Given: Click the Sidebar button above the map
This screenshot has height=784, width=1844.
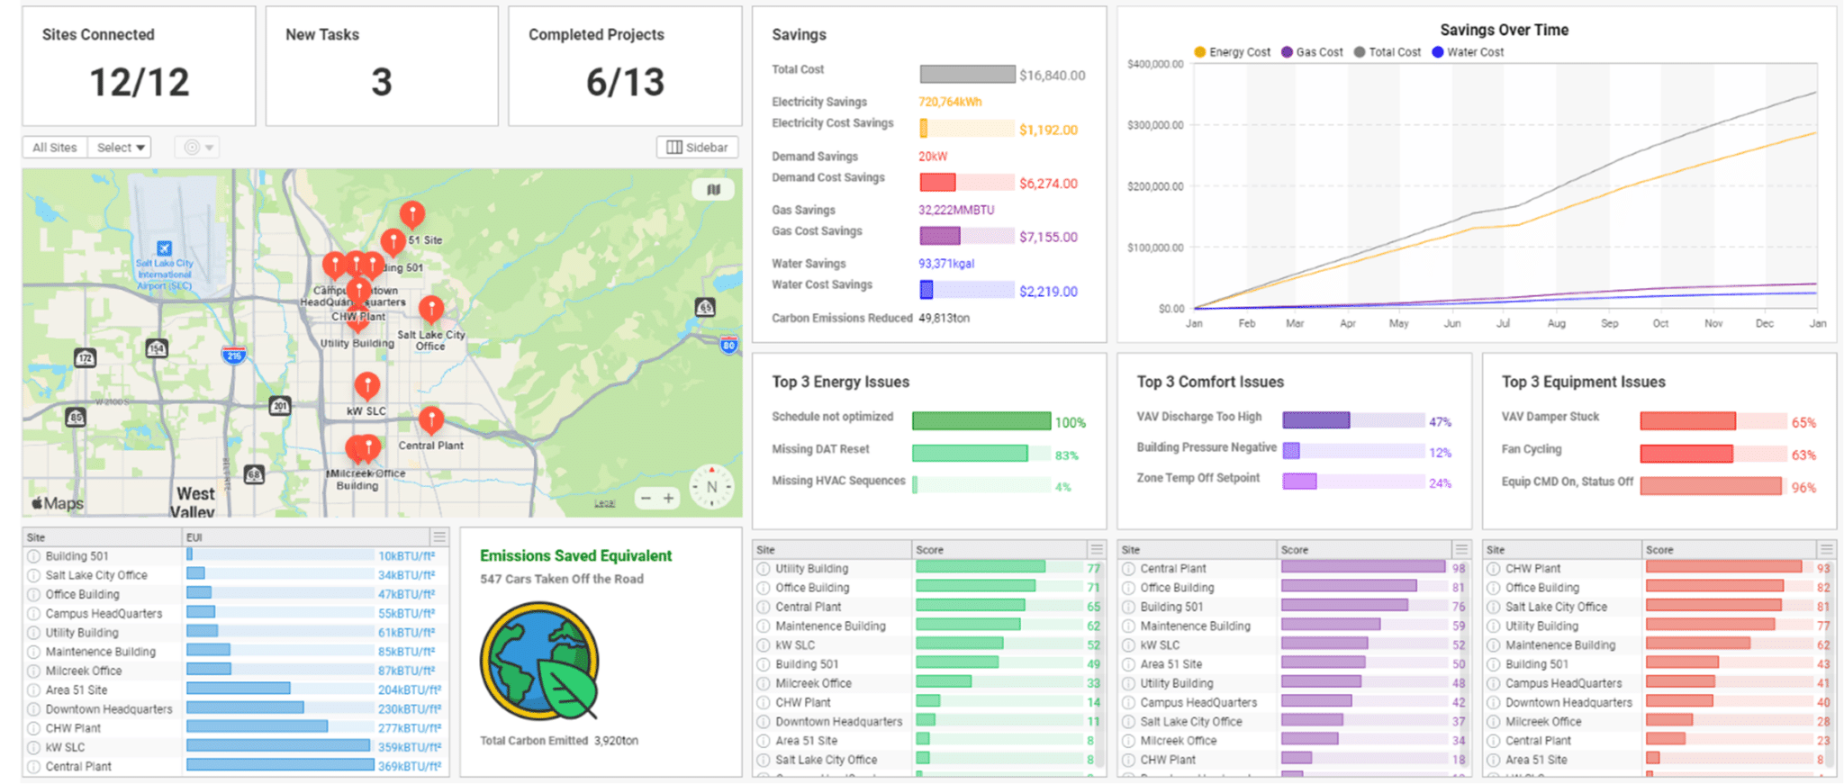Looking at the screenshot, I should pos(697,148).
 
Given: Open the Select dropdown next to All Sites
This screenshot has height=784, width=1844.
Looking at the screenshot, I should pos(120,148).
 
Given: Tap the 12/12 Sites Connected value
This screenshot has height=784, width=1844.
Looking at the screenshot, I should pos(140,83).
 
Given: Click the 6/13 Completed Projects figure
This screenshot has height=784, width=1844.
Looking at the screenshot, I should pos(625,83).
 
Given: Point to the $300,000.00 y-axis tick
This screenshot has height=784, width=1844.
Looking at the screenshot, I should pos(1154,125).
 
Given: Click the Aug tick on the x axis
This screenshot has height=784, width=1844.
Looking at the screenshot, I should pos(1556,323).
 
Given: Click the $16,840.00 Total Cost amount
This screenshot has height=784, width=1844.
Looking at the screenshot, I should pos(1052,76).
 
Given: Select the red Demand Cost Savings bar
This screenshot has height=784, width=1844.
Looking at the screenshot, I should pos(937,183).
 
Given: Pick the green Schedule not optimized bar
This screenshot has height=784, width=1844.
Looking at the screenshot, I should pos(981,421).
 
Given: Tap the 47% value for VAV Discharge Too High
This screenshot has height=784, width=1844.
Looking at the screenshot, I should pos(1440,421).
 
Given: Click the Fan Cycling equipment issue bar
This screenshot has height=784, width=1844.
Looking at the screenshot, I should pos(1686,454).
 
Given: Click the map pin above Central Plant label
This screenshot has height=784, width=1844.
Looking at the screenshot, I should pos(431,418).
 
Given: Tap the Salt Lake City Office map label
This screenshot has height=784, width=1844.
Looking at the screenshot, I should pos(430,340).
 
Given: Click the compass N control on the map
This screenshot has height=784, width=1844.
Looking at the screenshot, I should pos(711,487).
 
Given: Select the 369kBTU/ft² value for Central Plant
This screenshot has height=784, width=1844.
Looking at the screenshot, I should pos(409,767).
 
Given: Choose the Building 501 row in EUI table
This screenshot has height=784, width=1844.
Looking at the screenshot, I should pos(77,556).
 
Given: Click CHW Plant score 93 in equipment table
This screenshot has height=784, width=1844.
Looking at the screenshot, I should pos(1822,569).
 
